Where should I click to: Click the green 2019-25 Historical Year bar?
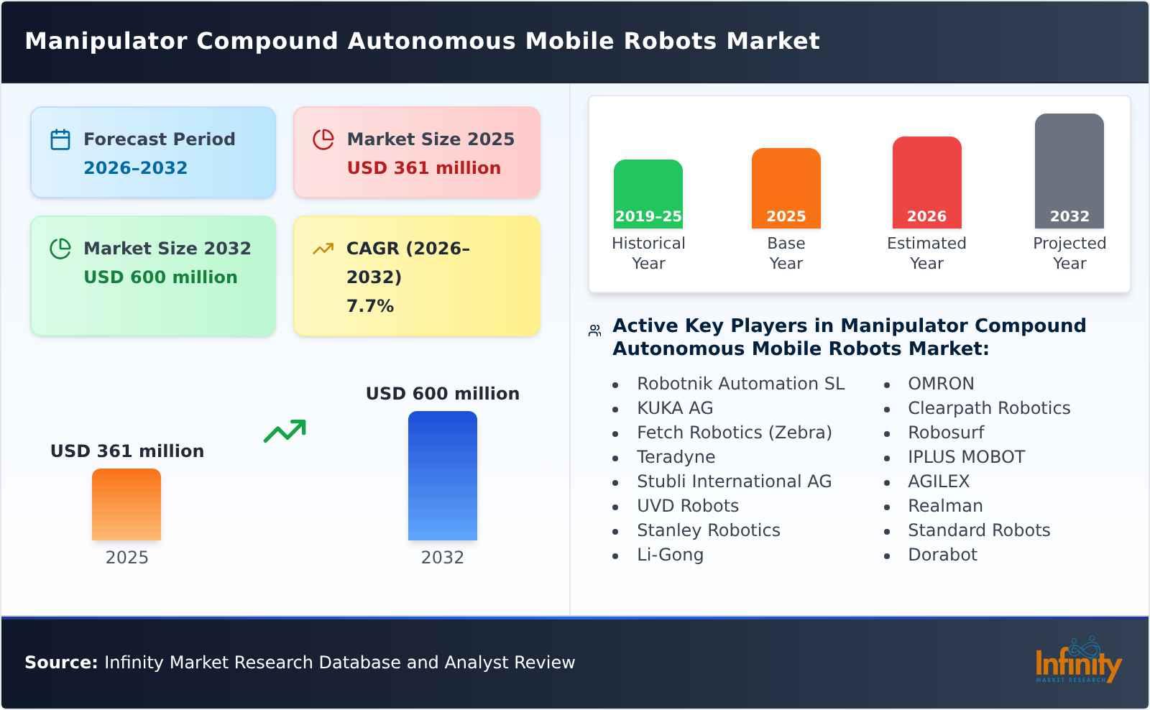pos(648,194)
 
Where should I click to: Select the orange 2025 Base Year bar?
pos(786,188)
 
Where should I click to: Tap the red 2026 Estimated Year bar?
pos(926,183)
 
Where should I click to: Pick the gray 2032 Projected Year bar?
pos(1069,171)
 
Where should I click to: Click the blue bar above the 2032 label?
pos(442,476)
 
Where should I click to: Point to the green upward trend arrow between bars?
pos(285,430)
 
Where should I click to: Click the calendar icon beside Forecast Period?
pos(60,139)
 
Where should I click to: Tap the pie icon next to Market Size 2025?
pos(323,139)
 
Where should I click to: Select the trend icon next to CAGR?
pos(323,249)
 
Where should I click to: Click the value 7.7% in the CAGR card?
pos(370,306)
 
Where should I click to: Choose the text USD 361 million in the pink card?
pos(423,168)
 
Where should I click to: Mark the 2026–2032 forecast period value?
pos(135,168)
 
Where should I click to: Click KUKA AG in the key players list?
pos(675,408)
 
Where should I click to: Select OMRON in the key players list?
pos(941,384)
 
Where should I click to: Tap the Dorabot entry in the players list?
pos(942,555)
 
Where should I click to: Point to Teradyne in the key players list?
pos(676,457)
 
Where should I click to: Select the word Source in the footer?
pos(60,663)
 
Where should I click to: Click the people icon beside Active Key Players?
pos(594,331)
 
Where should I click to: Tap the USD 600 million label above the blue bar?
pos(442,394)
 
